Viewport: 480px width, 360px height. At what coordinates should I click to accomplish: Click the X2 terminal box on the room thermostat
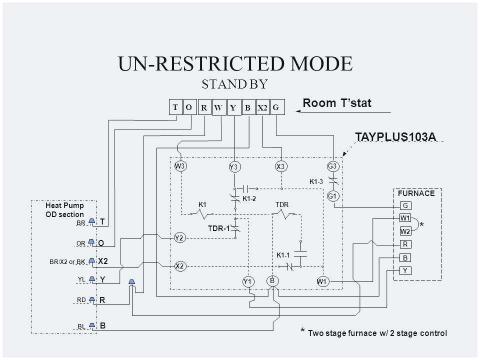262,108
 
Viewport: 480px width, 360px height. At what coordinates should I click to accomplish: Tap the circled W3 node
179,166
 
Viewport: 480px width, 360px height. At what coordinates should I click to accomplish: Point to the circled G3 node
333,166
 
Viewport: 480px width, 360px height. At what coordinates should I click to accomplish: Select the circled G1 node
332,196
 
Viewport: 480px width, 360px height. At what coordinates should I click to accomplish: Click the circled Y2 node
179,238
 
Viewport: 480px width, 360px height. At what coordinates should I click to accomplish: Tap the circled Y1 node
247,282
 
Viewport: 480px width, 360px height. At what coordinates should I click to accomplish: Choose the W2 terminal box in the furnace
405,231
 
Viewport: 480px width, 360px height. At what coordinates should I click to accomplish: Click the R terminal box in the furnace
405,245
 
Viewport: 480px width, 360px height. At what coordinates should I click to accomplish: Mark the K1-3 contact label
316,182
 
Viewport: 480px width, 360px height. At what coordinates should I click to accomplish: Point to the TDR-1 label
218,228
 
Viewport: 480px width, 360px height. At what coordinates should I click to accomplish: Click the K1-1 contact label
283,255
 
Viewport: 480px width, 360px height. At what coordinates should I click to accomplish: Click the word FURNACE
416,192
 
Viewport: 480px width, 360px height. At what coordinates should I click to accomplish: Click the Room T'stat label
337,103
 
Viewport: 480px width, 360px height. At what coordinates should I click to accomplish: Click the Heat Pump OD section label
64,209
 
